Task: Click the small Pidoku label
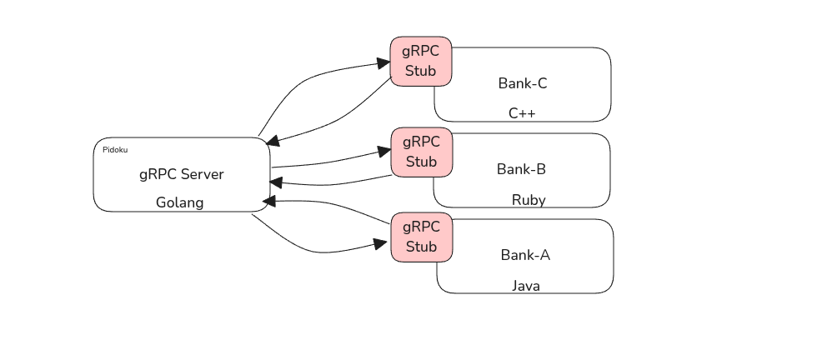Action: tap(115, 150)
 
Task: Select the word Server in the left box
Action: tap(203, 174)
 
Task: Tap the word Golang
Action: tap(180, 202)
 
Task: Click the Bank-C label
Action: tap(523, 83)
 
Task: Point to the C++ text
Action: tap(522, 112)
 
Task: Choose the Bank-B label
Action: tap(521, 169)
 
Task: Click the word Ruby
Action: tap(529, 200)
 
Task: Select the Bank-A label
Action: tap(525, 255)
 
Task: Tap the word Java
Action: tap(525, 286)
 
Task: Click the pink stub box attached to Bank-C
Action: tap(421, 61)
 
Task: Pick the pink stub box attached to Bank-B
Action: tap(421, 152)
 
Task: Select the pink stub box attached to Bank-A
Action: tap(421, 237)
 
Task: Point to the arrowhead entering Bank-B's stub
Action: tap(383, 152)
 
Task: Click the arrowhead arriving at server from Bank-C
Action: tap(273, 143)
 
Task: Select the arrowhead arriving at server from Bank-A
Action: tap(269, 202)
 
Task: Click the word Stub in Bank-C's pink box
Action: tap(421, 71)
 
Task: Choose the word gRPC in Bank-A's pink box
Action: tap(421, 227)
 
